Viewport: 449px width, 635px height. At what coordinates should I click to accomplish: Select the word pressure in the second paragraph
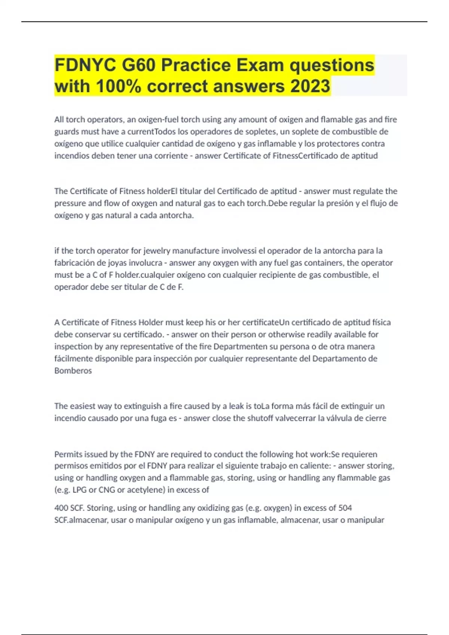(70, 204)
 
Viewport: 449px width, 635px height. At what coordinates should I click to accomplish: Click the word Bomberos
(73, 371)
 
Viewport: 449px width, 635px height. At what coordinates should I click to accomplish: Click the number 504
(345, 508)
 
